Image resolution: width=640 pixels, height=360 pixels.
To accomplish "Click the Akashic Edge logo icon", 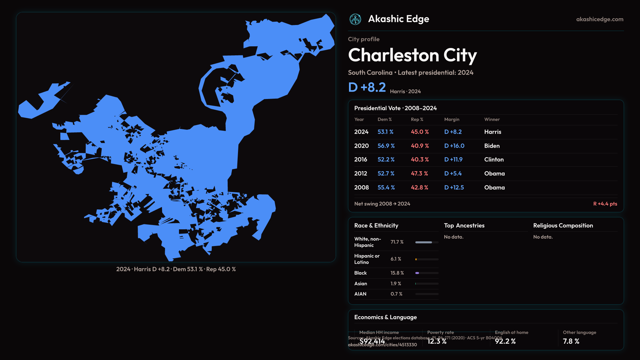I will pyautogui.click(x=355, y=19).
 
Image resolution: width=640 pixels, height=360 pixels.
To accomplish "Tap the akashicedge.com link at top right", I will pyautogui.click(x=600, y=19).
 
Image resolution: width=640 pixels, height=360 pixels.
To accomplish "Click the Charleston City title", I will pyautogui.click(x=412, y=55).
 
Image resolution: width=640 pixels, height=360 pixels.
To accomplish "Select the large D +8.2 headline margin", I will pyautogui.click(x=367, y=87).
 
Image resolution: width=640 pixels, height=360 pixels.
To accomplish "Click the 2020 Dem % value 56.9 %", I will pyautogui.click(x=386, y=146).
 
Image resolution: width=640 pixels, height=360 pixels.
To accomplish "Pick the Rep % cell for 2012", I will pyautogui.click(x=419, y=174).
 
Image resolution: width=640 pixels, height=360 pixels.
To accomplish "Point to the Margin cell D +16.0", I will pyautogui.click(x=454, y=146).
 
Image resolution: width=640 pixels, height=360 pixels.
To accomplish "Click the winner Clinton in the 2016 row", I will pyautogui.click(x=494, y=160).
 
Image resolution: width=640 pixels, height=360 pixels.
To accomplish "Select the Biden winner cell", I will pyautogui.click(x=492, y=146).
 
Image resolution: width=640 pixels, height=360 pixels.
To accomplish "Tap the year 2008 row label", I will pyautogui.click(x=361, y=188).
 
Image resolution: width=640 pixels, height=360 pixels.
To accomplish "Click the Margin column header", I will pyautogui.click(x=452, y=119).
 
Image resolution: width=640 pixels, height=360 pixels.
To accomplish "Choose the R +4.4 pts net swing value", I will pyautogui.click(x=605, y=204).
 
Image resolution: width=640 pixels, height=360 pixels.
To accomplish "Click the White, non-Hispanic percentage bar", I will pyautogui.click(x=427, y=242).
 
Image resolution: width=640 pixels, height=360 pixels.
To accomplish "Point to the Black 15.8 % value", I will pyautogui.click(x=397, y=273).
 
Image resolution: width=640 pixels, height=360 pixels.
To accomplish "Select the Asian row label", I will pyautogui.click(x=361, y=284).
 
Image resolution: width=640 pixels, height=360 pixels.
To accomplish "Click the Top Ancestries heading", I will pyautogui.click(x=464, y=226).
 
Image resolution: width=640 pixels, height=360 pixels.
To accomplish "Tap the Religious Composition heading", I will pyautogui.click(x=563, y=226).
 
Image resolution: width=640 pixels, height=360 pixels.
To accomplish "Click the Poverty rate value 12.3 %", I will pyautogui.click(x=437, y=341).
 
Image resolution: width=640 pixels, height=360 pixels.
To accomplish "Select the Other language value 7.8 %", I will pyautogui.click(x=571, y=341).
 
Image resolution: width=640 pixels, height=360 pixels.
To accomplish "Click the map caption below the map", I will pyautogui.click(x=176, y=269).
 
